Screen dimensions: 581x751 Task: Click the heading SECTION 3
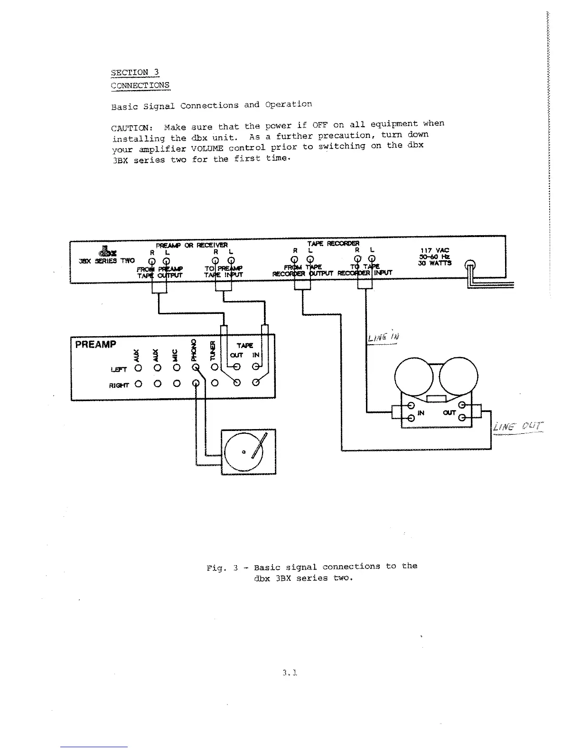tap(135, 73)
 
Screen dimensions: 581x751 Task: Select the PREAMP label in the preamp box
tap(95, 344)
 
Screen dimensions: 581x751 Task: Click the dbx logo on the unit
tap(103, 251)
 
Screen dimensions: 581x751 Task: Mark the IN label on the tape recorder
tap(420, 413)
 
